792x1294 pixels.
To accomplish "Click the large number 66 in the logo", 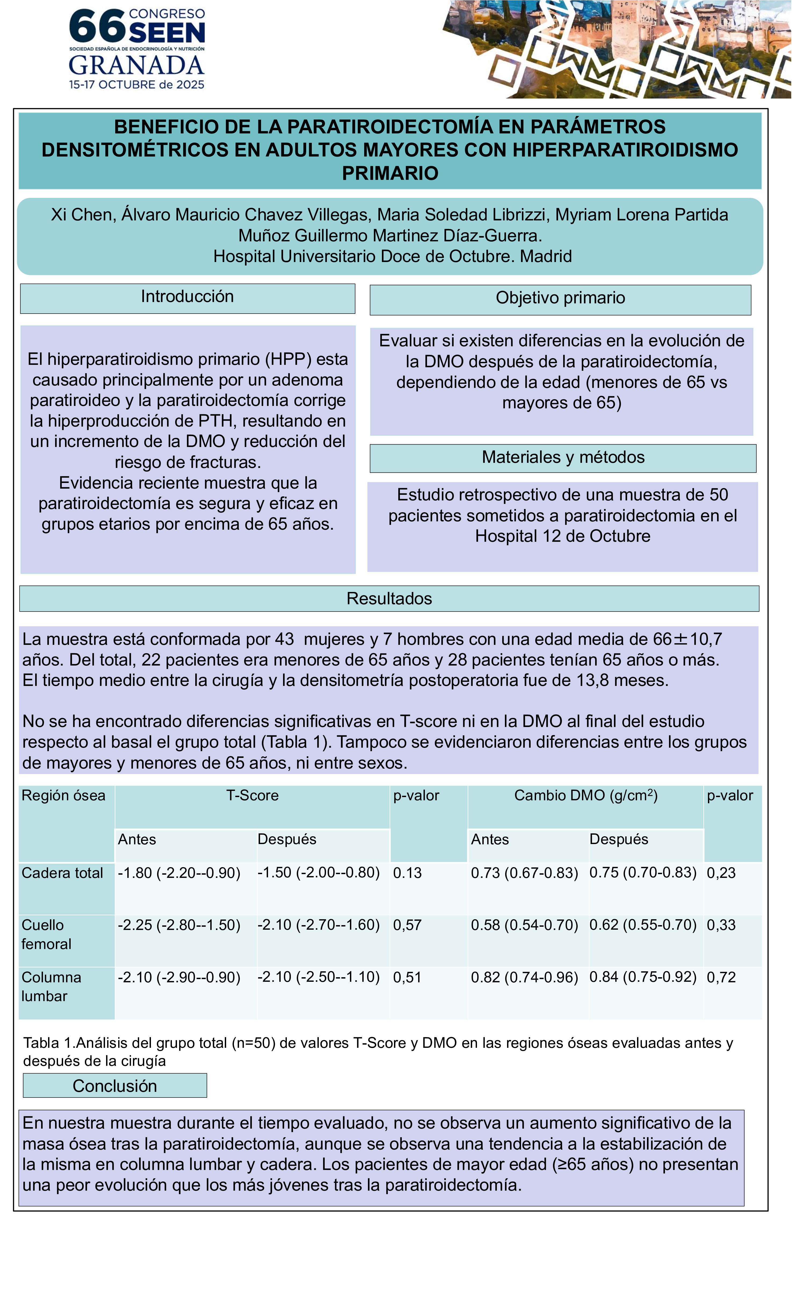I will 97,27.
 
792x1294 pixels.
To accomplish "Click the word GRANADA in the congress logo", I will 136,66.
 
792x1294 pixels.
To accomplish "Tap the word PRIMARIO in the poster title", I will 390,173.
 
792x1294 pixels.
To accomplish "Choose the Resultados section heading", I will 389,599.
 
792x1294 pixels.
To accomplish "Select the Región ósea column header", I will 64,796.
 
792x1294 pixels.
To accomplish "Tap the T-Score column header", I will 252,796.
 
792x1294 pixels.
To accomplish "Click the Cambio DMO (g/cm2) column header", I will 585,796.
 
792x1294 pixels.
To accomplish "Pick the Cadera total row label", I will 62,873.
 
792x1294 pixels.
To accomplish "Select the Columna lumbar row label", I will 52,987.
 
